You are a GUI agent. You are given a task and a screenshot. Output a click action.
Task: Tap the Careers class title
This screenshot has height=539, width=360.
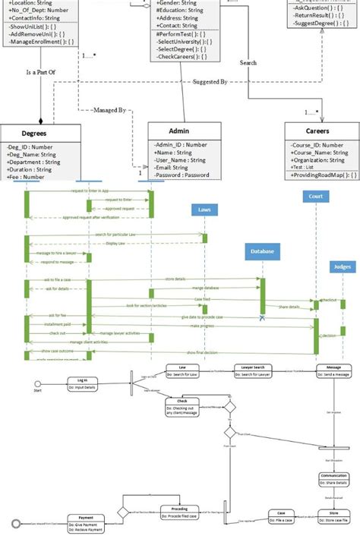(317, 132)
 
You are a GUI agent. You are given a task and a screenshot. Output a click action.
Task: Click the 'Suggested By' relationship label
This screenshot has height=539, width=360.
(210, 81)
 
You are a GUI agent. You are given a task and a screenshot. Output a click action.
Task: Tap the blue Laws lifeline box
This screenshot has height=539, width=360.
(204, 210)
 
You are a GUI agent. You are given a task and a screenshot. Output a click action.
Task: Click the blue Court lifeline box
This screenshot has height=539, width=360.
(315, 197)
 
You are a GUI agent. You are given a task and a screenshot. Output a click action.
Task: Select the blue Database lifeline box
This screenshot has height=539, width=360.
(260, 251)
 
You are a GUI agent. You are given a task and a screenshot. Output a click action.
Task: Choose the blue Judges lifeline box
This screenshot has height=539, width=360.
(342, 267)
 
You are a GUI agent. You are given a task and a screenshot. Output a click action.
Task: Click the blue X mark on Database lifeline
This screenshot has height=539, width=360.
(262, 317)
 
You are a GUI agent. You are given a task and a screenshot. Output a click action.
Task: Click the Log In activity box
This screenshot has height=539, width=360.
(82, 383)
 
